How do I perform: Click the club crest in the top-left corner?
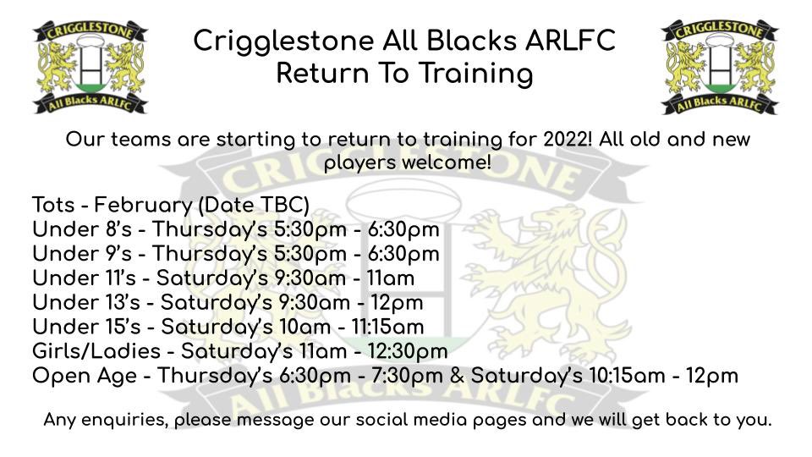click(x=90, y=67)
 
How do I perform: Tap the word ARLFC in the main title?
click(x=568, y=40)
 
